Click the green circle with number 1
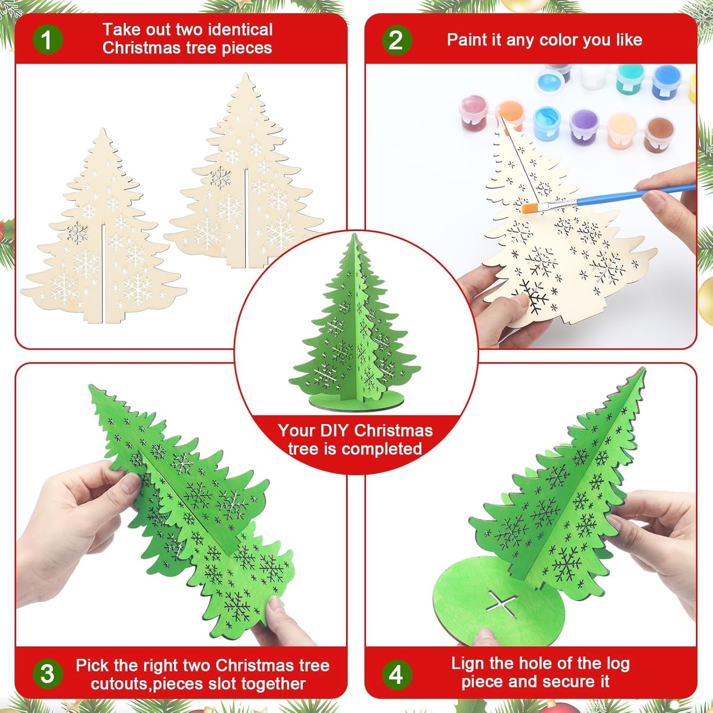[x=47, y=39]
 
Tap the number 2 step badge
[x=396, y=39]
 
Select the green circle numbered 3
[x=47, y=674]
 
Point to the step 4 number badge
[x=396, y=674]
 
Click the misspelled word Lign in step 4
[x=468, y=664]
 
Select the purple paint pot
[x=583, y=125]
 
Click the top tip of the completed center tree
[x=354, y=236]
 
